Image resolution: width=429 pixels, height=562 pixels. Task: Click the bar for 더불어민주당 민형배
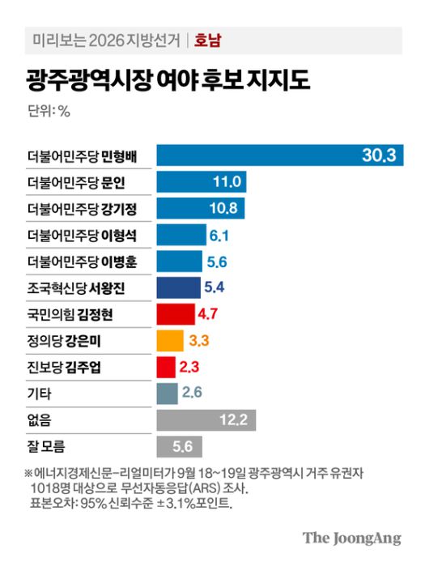[275, 155]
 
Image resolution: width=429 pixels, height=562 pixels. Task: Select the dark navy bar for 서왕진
[178, 287]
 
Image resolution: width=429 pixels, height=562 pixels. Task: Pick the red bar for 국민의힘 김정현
[175, 314]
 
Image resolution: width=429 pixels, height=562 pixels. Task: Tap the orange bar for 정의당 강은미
[170, 340]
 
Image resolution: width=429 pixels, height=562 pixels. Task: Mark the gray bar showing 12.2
[206, 420]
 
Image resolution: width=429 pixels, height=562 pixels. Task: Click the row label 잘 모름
[46, 447]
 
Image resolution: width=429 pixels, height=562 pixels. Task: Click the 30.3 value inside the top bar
[379, 155]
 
